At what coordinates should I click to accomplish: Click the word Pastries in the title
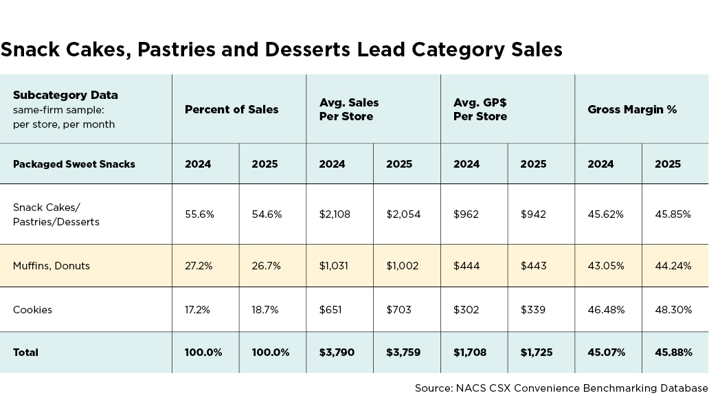coord(177,49)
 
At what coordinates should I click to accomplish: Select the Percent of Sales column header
coord(232,109)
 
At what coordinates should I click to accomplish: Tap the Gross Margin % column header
coord(632,109)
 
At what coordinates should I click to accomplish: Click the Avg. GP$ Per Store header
coord(480,109)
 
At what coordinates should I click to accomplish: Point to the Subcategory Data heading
coord(65,95)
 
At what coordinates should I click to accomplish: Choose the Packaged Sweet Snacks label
coord(74,164)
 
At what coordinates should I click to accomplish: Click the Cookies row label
coord(32,310)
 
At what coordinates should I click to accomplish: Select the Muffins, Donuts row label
coord(52,266)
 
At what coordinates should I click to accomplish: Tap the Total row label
coord(25,353)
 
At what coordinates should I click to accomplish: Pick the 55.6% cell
coord(199,214)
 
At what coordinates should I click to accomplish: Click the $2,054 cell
coord(403,214)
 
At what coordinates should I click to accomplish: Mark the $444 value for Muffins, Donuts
coord(466,266)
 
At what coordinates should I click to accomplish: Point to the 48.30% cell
coord(673,310)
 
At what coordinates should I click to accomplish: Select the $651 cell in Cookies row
coord(330,310)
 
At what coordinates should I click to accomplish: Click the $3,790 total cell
coord(337,353)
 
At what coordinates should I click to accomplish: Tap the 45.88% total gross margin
coord(673,353)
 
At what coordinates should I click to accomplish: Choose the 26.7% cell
coord(267,266)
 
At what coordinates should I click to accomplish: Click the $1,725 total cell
coord(537,353)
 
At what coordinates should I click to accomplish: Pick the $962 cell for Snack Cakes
coord(466,214)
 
